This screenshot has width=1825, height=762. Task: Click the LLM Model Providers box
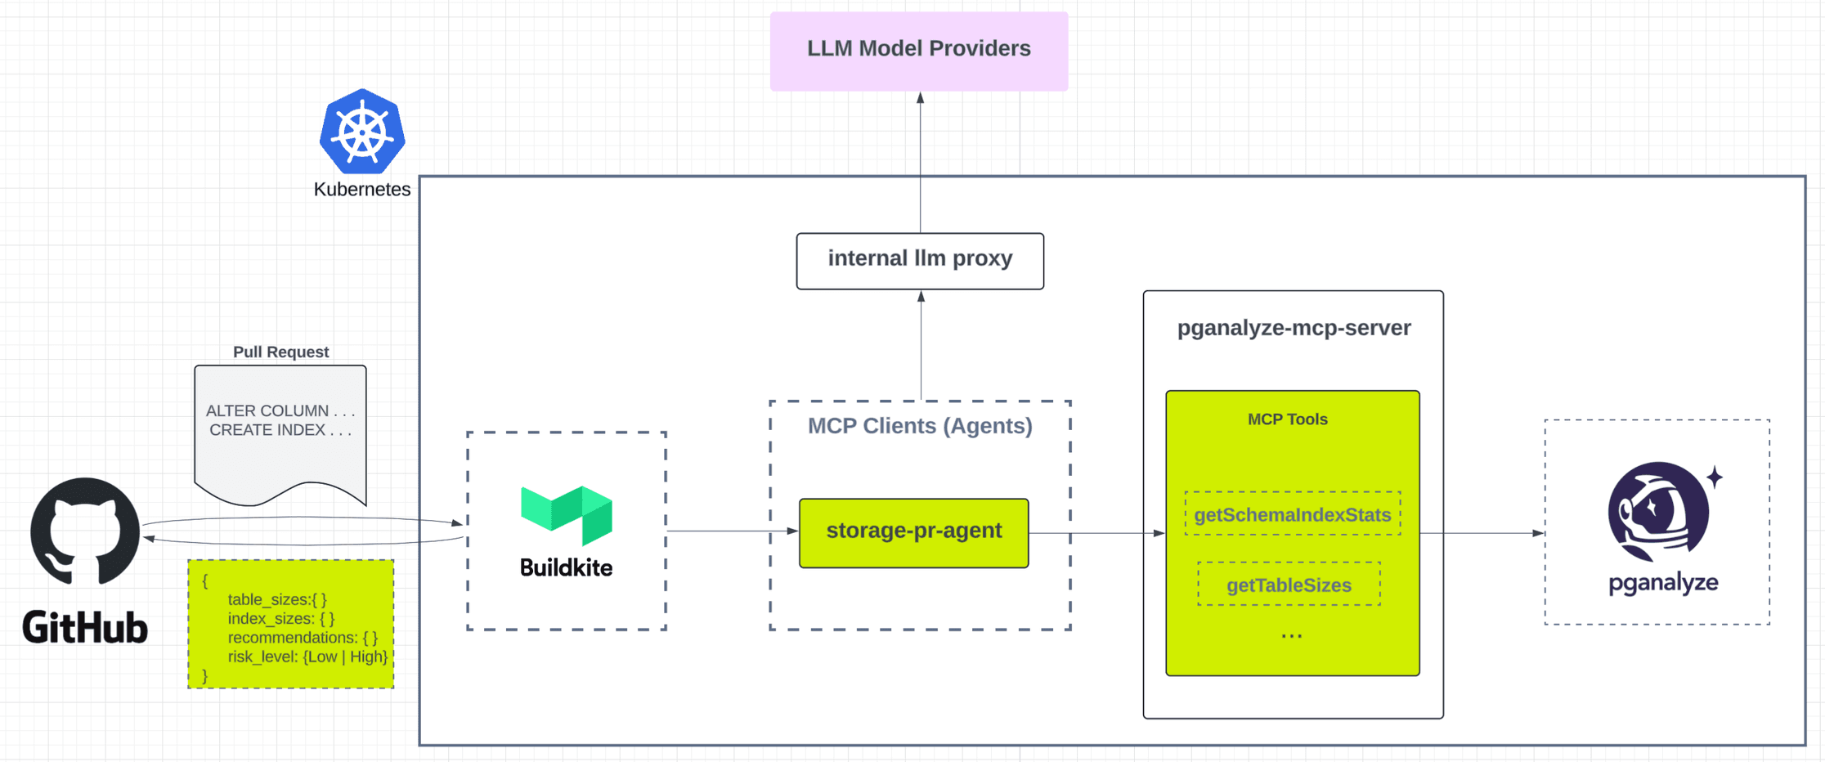(x=918, y=50)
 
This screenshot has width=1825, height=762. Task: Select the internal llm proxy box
(x=920, y=260)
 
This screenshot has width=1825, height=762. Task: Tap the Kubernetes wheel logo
(x=362, y=132)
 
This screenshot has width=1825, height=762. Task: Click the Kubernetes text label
(x=362, y=190)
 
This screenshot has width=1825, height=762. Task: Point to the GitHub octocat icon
(x=85, y=531)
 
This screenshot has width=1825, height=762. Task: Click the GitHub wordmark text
(x=85, y=628)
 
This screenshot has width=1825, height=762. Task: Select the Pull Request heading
(x=280, y=352)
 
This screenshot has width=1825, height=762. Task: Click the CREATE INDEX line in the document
(x=280, y=430)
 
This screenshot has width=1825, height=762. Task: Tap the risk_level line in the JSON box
(x=307, y=657)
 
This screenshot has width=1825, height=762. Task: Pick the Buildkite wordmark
(x=566, y=567)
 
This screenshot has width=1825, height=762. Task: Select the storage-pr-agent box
(x=913, y=532)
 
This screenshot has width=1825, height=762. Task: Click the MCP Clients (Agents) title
(x=920, y=426)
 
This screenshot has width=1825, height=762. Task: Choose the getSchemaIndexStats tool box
(x=1292, y=514)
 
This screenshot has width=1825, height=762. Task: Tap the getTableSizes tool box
(x=1289, y=585)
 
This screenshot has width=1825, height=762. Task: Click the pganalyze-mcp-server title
(x=1294, y=328)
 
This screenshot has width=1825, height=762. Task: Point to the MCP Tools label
(x=1287, y=419)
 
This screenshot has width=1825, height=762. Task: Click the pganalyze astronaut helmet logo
(x=1660, y=511)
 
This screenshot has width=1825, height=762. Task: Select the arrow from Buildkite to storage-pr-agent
(x=732, y=531)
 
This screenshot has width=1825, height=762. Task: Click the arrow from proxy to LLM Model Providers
(x=920, y=164)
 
